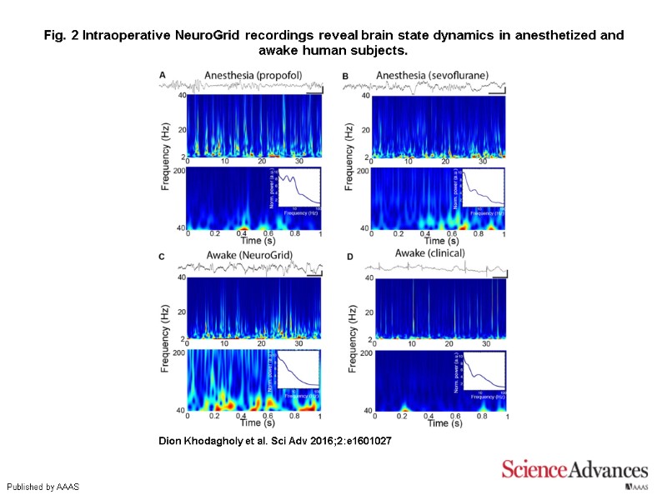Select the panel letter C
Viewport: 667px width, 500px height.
[x=163, y=256]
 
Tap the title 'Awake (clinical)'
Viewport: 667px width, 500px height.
[x=430, y=253]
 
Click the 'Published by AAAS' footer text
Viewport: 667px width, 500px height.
[x=43, y=486]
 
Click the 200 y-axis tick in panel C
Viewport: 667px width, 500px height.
[x=179, y=353]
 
